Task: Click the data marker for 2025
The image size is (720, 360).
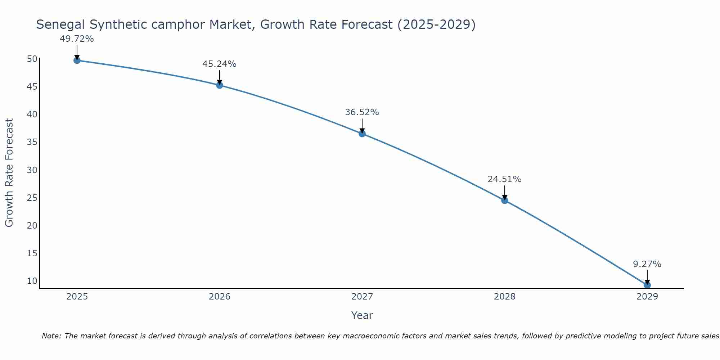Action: point(77,60)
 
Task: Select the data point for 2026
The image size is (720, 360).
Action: point(220,85)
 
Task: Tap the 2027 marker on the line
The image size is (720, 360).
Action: point(362,134)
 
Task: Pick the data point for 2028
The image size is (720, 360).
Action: point(505,200)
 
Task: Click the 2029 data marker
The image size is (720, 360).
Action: point(647,285)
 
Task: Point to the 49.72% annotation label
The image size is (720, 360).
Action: point(77,39)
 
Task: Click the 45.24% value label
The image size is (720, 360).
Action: point(219,64)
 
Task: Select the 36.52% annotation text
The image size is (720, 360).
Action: point(362,112)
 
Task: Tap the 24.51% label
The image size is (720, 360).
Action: point(504,179)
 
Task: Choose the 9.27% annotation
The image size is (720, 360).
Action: point(647,264)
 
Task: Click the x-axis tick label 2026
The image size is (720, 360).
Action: point(220,297)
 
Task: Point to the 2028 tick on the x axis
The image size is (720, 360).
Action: point(505,297)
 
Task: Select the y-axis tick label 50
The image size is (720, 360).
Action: point(32,59)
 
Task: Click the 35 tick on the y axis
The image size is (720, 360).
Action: point(32,142)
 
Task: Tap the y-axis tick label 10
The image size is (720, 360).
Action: point(32,281)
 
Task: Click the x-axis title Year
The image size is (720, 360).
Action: point(362,315)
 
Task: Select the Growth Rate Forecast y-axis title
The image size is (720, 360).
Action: point(9,173)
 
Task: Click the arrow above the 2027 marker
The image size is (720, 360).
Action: point(362,126)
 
